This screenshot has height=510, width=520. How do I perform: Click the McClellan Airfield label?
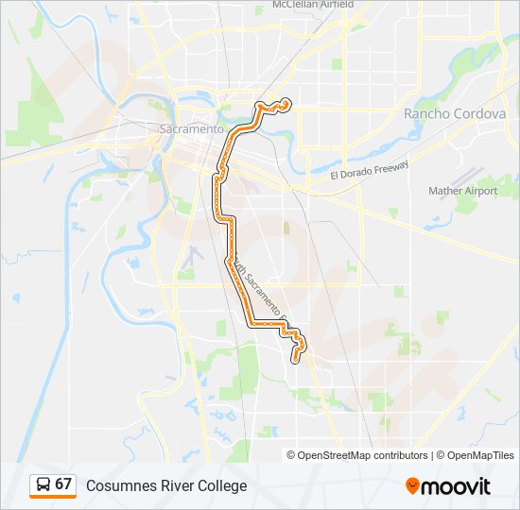pos(300,5)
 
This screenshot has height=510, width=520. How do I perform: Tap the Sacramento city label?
pos(192,128)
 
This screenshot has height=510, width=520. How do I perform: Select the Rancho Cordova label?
pos(455,113)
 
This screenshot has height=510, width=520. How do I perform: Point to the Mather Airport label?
pos(462,191)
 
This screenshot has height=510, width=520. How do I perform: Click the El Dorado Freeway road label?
pos(370,172)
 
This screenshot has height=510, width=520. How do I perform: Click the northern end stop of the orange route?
pos(286,103)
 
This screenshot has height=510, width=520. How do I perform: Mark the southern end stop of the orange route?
pos(297,358)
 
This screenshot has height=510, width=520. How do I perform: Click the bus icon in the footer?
pos(43,484)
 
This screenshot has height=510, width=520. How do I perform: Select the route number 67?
pos(63,484)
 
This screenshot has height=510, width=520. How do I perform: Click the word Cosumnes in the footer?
pos(118,485)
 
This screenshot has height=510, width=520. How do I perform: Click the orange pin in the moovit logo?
pos(412,485)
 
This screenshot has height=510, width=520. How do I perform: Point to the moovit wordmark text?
pos(457,486)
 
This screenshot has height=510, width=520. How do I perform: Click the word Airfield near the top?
pos(332,5)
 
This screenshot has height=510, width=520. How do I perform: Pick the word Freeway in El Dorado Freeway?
pos(390,168)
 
